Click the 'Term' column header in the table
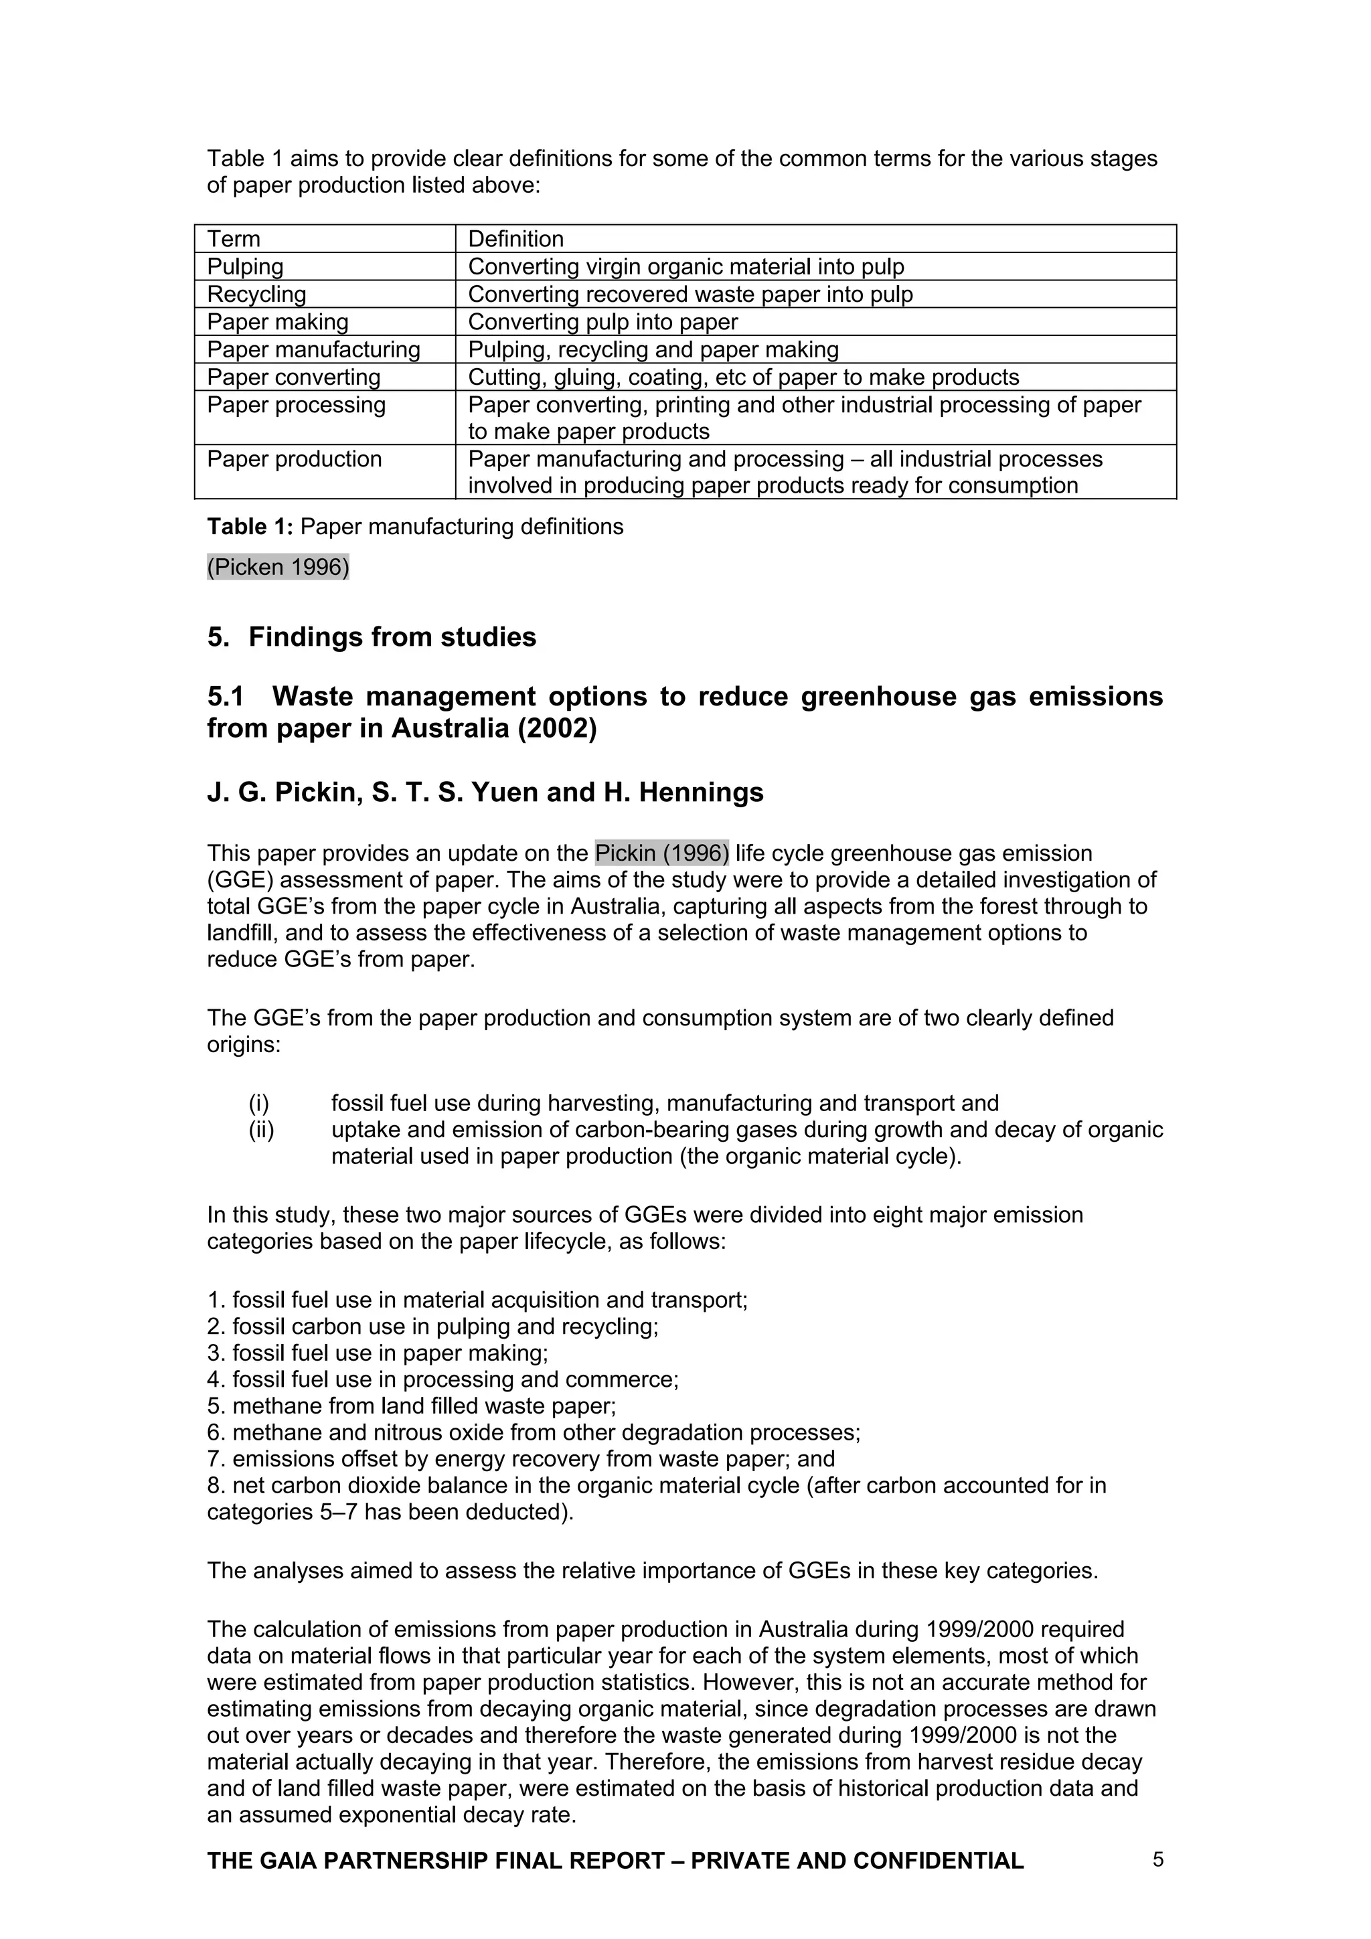tap(234, 239)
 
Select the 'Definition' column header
tap(515, 239)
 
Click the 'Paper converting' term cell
tap(294, 377)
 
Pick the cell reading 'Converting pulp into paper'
tap(602, 322)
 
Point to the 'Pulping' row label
tap(245, 267)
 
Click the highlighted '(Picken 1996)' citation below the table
tap(278, 567)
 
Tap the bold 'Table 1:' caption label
tap(250, 527)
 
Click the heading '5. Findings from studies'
tap(372, 637)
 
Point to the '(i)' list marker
tap(258, 1103)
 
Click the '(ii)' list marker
tap(261, 1130)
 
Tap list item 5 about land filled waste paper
tap(412, 1406)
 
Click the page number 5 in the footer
tap(1158, 1859)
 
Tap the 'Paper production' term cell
tap(294, 458)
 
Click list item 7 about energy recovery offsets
tap(520, 1459)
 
